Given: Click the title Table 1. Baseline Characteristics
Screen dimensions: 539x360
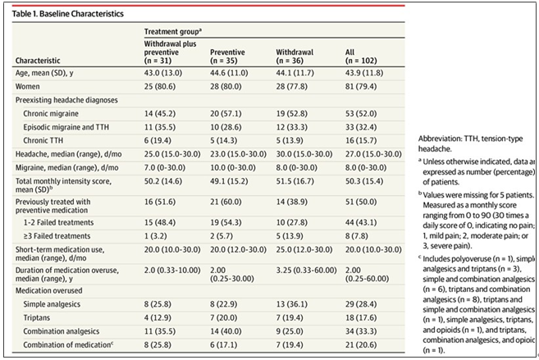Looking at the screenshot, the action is pyautogui.click(x=68, y=14).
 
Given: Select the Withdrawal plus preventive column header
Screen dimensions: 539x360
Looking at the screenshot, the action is pyautogui.click(x=170, y=52).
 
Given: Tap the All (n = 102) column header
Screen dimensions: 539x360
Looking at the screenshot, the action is pyautogui.click(x=361, y=57).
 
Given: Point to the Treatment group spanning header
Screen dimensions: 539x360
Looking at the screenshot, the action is pyautogui.click(x=172, y=32).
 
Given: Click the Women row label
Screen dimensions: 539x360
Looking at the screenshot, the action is pyautogui.click(x=28, y=87).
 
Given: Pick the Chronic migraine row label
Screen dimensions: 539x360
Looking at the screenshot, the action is pyautogui.click(x=51, y=114).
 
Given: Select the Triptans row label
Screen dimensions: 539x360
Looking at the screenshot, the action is pyautogui.click(x=36, y=317).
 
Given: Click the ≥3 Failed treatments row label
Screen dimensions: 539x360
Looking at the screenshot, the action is pyautogui.click(x=57, y=236).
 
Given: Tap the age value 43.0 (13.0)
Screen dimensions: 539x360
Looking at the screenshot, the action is pyautogui.click(x=163, y=73).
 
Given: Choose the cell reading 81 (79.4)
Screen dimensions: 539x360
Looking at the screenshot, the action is pyautogui.click(x=361, y=87).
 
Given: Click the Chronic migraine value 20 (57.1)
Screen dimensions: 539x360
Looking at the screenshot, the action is pyautogui.click(x=226, y=114).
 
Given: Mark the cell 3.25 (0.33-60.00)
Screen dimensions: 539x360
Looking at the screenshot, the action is pyautogui.click(x=306, y=270).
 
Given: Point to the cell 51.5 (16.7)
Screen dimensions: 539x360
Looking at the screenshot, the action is pyautogui.click(x=295, y=181).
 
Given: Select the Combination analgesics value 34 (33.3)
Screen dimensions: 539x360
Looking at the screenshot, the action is pyautogui.click(x=361, y=331).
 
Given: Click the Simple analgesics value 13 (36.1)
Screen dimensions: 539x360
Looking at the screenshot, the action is pyautogui.click(x=292, y=304).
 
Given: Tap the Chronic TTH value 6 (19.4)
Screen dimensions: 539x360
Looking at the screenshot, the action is pyautogui.click(x=158, y=140).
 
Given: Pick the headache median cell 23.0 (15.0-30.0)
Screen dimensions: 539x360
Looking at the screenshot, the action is pyautogui.click(x=238, y=154).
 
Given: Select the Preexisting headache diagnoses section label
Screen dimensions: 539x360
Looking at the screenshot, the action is pyautogui.click(x=66, y=100).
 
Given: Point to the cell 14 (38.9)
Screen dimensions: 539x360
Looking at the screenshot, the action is pyautogui.click(x=292, y=202).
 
